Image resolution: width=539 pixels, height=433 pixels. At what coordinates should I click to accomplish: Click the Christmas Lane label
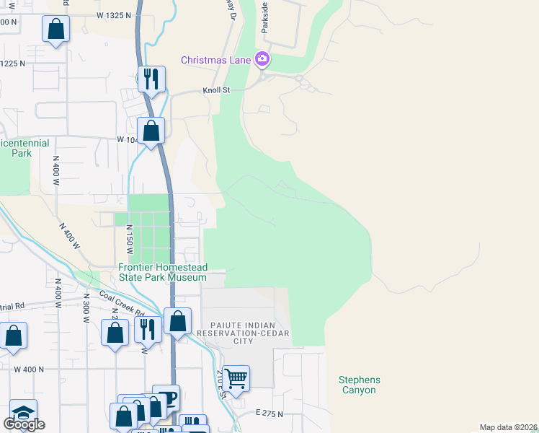215,60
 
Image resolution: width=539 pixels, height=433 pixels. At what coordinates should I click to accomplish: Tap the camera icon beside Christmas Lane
263,59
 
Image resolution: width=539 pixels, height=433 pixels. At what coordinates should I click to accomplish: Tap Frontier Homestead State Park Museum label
163,272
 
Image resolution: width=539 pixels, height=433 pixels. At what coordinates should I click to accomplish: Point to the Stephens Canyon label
359,385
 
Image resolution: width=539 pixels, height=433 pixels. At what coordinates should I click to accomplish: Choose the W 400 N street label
29,369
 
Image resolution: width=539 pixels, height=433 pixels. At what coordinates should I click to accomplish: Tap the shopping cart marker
236,377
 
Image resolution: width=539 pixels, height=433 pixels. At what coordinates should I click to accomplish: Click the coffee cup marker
166,398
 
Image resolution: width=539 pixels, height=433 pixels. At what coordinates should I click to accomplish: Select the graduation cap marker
23,412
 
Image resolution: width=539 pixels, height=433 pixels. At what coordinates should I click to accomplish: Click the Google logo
24,424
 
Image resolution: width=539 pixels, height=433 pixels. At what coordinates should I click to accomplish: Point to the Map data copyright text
508,427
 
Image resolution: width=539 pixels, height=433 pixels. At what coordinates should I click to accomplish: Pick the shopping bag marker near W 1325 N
56,30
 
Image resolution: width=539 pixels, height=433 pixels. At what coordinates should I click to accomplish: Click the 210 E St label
221,383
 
